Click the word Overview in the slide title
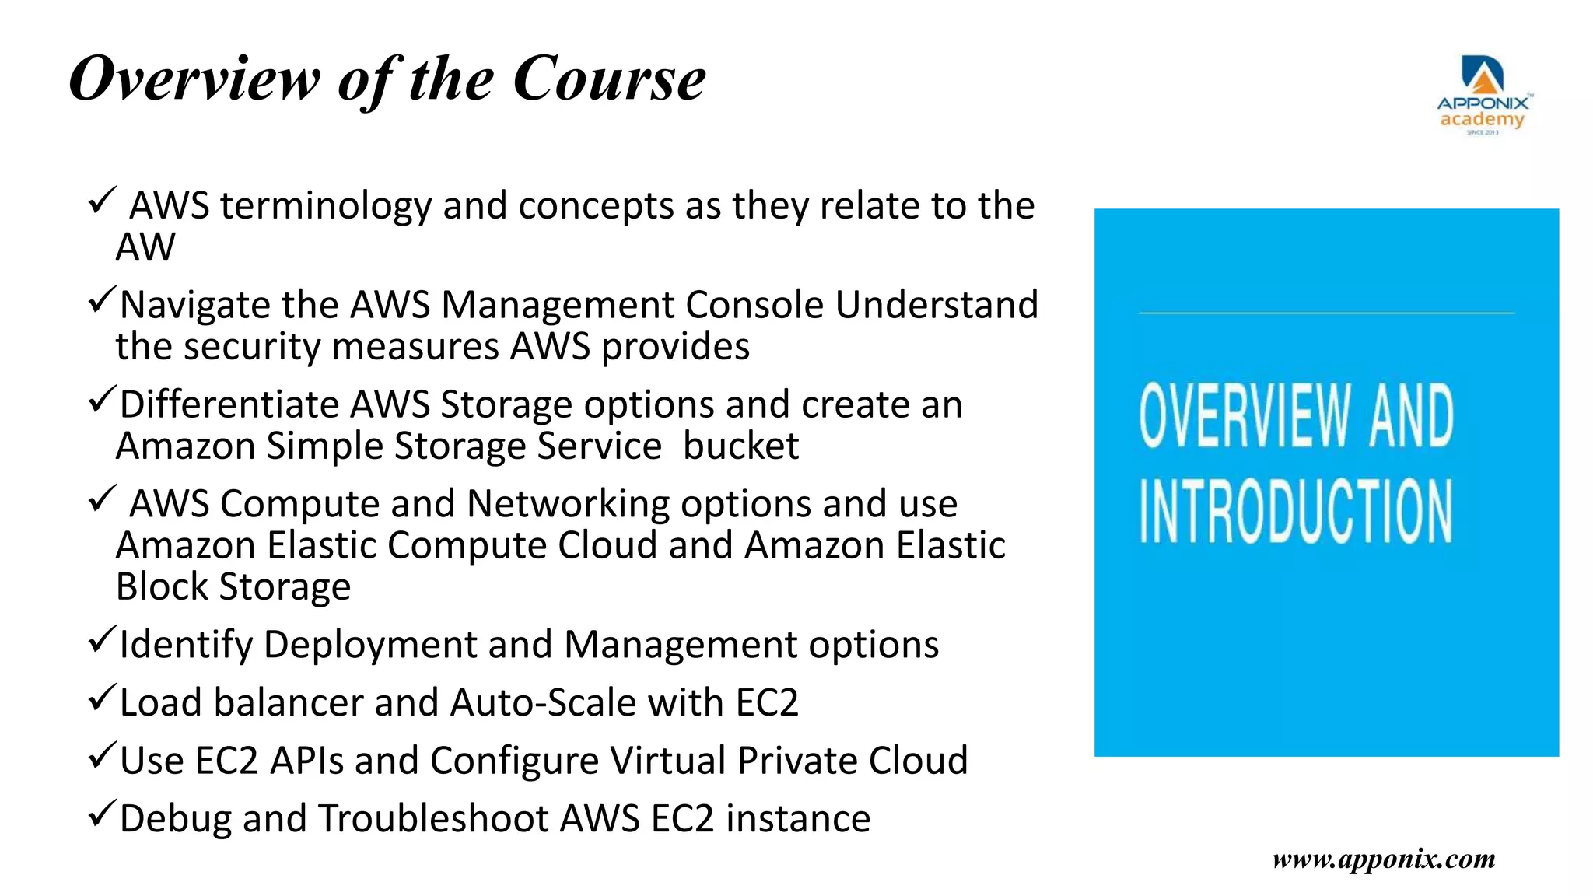[194, 79]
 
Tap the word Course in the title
[609, 79]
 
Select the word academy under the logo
[1482, 120]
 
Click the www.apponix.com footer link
[1384, 859]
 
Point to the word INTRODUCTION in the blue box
[1296, 511]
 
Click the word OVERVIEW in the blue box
[1244, 416]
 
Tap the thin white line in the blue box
[1326, 313]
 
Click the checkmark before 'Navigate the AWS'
[102, 300]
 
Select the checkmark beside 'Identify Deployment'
[102, 639]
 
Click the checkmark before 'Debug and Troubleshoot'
[102, 814]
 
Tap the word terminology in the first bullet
[326, 206]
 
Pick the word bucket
[740, 446]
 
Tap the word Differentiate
[229, 404]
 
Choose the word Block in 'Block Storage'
[162, 587]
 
